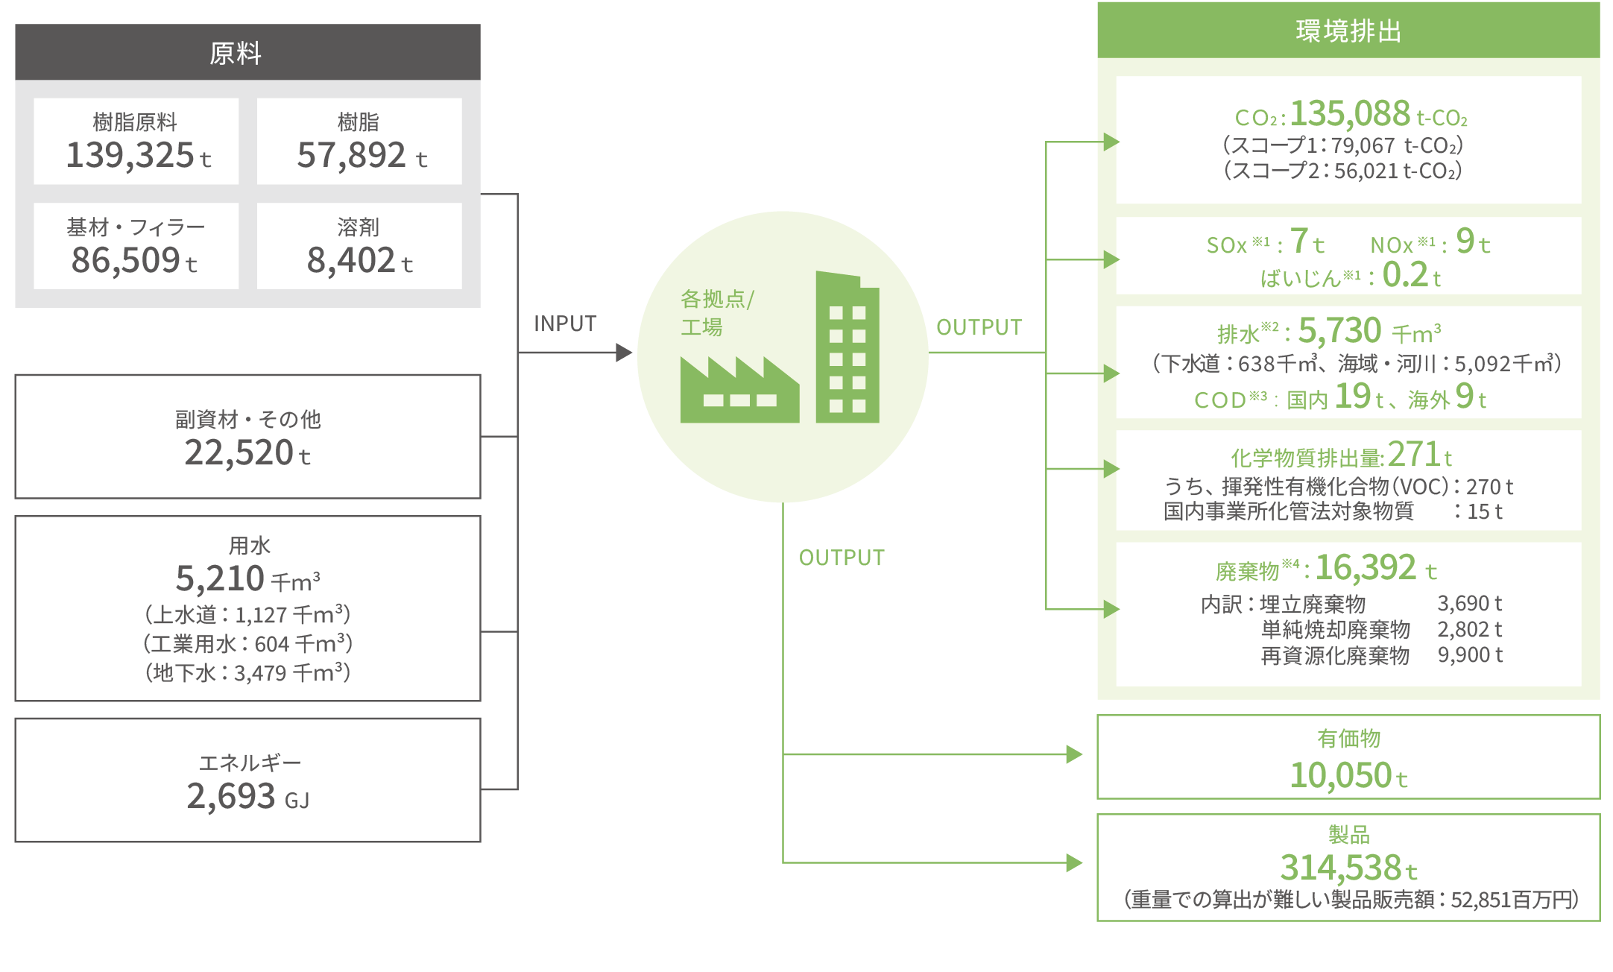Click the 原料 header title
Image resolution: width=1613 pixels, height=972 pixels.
(236, 54)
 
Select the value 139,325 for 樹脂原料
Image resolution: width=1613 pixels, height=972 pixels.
(130, 155)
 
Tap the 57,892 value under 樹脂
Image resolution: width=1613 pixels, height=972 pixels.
(352, 155)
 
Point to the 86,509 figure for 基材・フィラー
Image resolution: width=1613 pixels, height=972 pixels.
(125, 260)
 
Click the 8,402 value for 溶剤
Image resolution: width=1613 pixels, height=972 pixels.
(351, 260)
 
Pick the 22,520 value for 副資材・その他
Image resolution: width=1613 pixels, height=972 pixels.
(239, 452)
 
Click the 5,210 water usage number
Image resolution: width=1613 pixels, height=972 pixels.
(220, 578)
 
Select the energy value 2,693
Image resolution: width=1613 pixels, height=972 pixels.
(231, 796)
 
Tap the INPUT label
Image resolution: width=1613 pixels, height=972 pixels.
(565, 324)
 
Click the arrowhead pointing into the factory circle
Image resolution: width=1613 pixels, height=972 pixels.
(624, 353)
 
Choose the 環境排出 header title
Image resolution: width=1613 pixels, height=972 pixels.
(1348, 31)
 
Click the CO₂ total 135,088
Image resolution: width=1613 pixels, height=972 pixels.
(1350, 114)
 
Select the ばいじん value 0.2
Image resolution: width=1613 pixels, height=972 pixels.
(1405, 275)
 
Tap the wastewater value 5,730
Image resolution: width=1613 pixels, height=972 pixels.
(1339, 330)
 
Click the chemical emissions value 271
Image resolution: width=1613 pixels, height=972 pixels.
(1413, 454)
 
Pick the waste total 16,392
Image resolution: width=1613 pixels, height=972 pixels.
(1365, 568)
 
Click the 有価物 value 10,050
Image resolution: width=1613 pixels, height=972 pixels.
(1340, 775)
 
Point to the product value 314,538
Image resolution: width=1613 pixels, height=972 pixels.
(1340, 868)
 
